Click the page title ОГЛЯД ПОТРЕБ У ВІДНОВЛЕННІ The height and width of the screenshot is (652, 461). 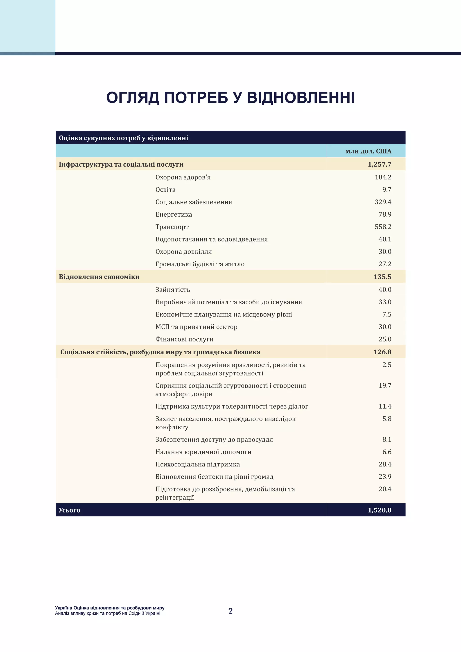click(230, 98)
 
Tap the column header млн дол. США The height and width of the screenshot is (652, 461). click(368, 151)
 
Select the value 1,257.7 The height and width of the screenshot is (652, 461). click(379, 164)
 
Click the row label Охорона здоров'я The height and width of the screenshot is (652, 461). click(183, 177)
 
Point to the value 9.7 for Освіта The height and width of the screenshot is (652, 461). click(387, 189)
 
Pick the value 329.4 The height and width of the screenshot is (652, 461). click(383, 202)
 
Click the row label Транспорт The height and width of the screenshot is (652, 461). click(172, 227)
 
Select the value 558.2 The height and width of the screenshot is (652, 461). click(383, 227)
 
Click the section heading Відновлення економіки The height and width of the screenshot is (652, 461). click(99, 277)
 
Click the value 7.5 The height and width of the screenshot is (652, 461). click(387, 314)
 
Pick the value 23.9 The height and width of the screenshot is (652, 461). click(385, 477)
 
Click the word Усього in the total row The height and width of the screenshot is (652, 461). click(69, 510)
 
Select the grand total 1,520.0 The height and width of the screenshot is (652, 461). click(379, 510)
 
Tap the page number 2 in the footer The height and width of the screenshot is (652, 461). click(230, 611)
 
